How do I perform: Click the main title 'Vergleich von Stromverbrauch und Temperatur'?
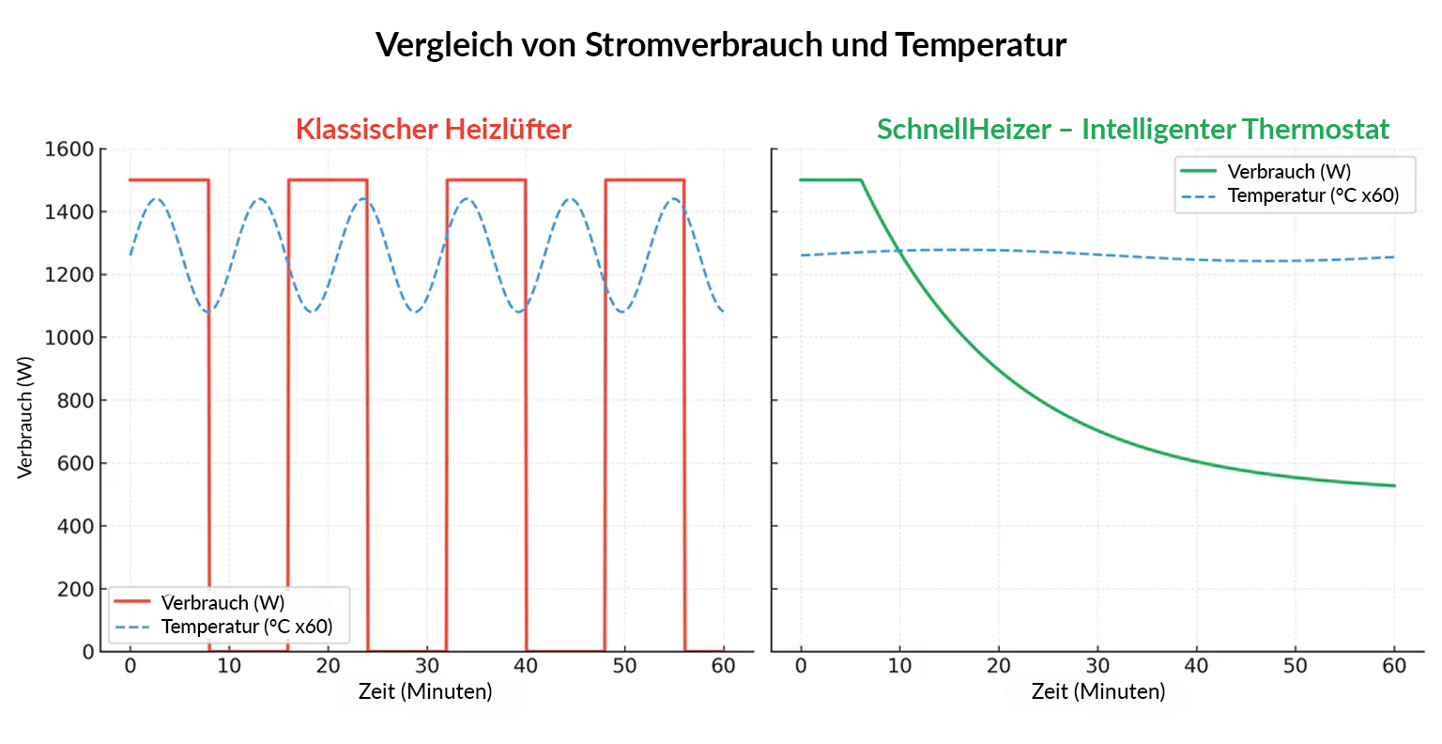(720, 44)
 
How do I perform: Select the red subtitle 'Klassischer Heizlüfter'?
(433, 129)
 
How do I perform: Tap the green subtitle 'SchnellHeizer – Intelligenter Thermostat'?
(1132, 129)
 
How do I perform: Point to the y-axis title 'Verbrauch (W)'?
(25, 417)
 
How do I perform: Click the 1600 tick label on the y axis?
(69, 149)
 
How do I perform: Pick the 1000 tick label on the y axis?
(69, 337)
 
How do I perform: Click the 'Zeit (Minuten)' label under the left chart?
(425, 692)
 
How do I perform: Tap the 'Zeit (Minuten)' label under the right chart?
(1097, 692)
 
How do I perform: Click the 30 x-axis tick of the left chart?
(427, 666)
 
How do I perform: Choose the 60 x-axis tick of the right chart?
(1394, 666)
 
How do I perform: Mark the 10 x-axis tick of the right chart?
(899, 666)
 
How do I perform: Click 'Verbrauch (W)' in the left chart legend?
(222, 603)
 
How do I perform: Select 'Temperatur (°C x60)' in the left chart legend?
(247, 627)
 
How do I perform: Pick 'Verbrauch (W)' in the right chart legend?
(1289, 172)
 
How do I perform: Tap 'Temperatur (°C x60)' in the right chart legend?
(1313, 195)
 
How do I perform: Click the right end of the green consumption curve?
(1394, 486)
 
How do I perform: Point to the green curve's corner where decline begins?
(861, 180)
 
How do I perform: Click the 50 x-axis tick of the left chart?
(624, 666)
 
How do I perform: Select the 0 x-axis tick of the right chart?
(801, 666)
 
